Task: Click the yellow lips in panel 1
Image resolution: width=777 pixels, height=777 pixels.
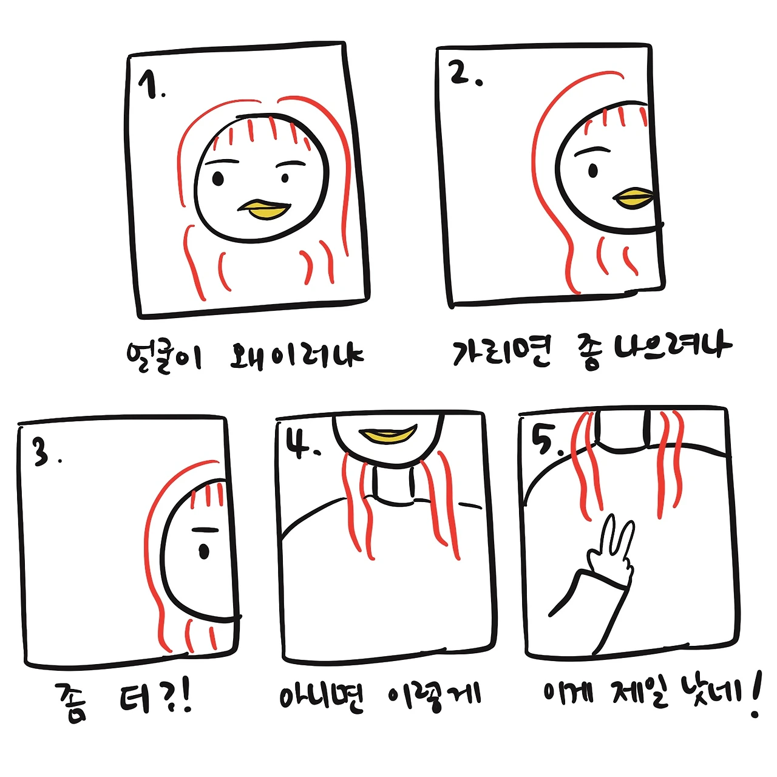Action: point(265,209)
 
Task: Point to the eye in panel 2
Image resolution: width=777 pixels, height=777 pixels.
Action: point(592,171)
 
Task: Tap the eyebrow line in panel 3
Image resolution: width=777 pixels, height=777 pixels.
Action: point(206,529)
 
